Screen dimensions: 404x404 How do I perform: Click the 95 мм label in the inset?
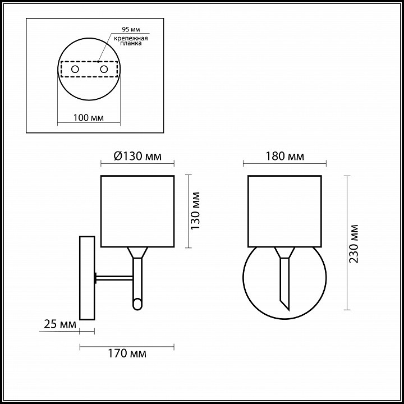click(131, 29)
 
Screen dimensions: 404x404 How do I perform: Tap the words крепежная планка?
click(131, 41)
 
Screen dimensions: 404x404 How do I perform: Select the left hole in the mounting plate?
click(75, 69)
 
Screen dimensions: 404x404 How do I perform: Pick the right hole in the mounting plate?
click(104, 69)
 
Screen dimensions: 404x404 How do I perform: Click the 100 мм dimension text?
click(89, 118)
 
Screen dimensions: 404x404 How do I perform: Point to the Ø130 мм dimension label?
click(137, 156)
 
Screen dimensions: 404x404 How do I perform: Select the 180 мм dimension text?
click(284, 156)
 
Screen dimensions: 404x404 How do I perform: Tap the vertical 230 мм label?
click(353, 244)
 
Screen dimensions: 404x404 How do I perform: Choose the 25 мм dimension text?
click(60, 324)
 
